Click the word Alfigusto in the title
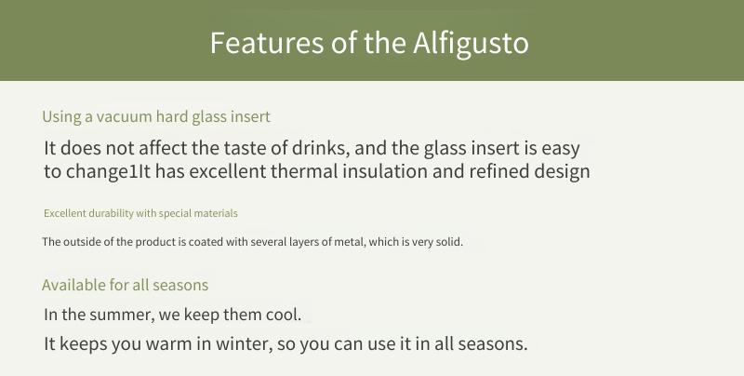click(x=471, y=44)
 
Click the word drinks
click(x=321, y=148)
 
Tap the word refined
click(x=498, y=171)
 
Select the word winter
click(x=245, y=343)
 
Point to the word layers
click(x=301, y=242)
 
